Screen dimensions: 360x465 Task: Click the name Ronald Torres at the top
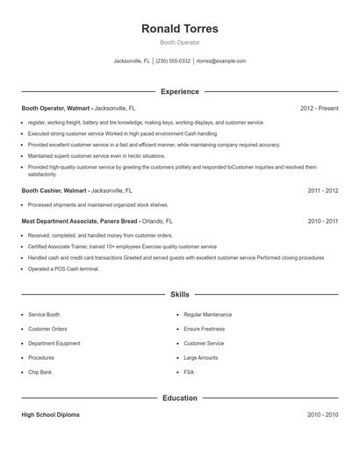pos(179,29)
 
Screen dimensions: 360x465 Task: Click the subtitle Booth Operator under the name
pos(179,42)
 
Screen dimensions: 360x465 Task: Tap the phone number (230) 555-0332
pos(174,61)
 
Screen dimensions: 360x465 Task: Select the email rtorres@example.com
pos(221,61)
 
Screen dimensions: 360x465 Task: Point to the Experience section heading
pos(179,91)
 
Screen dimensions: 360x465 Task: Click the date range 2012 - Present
pos(319,108)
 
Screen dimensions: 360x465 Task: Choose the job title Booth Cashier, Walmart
pos(54,190)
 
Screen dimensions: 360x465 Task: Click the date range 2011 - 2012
pos(322,190)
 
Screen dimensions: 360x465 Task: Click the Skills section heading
pos(179,295)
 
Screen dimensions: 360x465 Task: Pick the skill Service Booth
pos(44,314)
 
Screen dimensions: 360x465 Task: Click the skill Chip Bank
pos(40,372)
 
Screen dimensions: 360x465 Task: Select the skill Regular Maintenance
pos(207,314)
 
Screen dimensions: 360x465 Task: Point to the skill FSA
pos(189,372)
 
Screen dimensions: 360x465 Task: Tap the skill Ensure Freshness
pos(205,328)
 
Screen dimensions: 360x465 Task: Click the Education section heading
pos(179,397)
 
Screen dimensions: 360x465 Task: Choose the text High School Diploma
pos(50,414)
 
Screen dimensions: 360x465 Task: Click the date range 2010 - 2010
pos(322,414)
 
